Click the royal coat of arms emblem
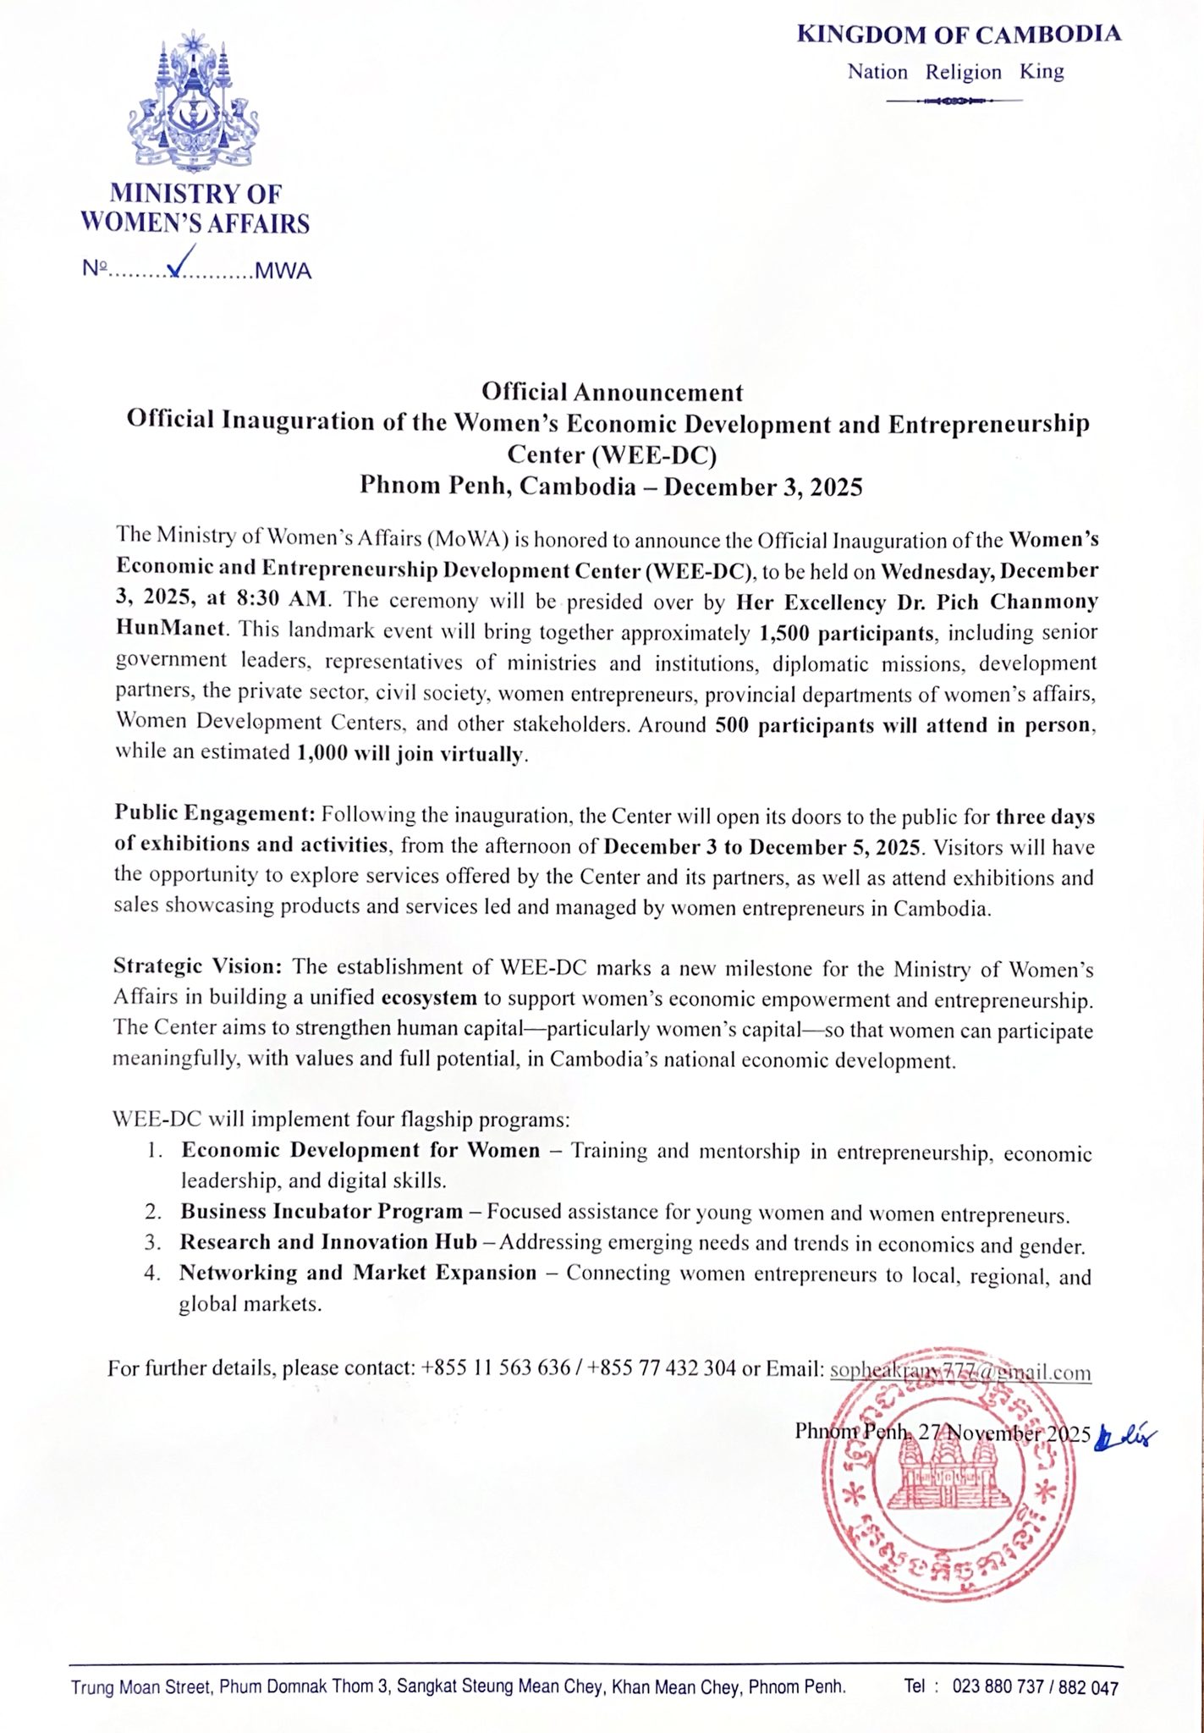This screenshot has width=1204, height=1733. pos(195,101)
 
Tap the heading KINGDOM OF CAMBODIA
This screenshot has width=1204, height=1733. pos(959,35)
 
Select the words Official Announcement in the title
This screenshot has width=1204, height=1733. pos(612,392)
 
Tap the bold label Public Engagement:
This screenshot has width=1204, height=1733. pos(215,815)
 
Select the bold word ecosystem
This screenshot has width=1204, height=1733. pos(429,998)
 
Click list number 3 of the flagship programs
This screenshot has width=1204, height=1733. pos(152,1243)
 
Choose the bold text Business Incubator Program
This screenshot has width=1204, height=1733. pos(322,1212)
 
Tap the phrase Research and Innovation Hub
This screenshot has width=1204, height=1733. pos(328,1242)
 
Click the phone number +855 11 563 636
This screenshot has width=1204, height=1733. pos(495,1368)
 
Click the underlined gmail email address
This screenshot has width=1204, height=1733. pos(959,1372)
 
